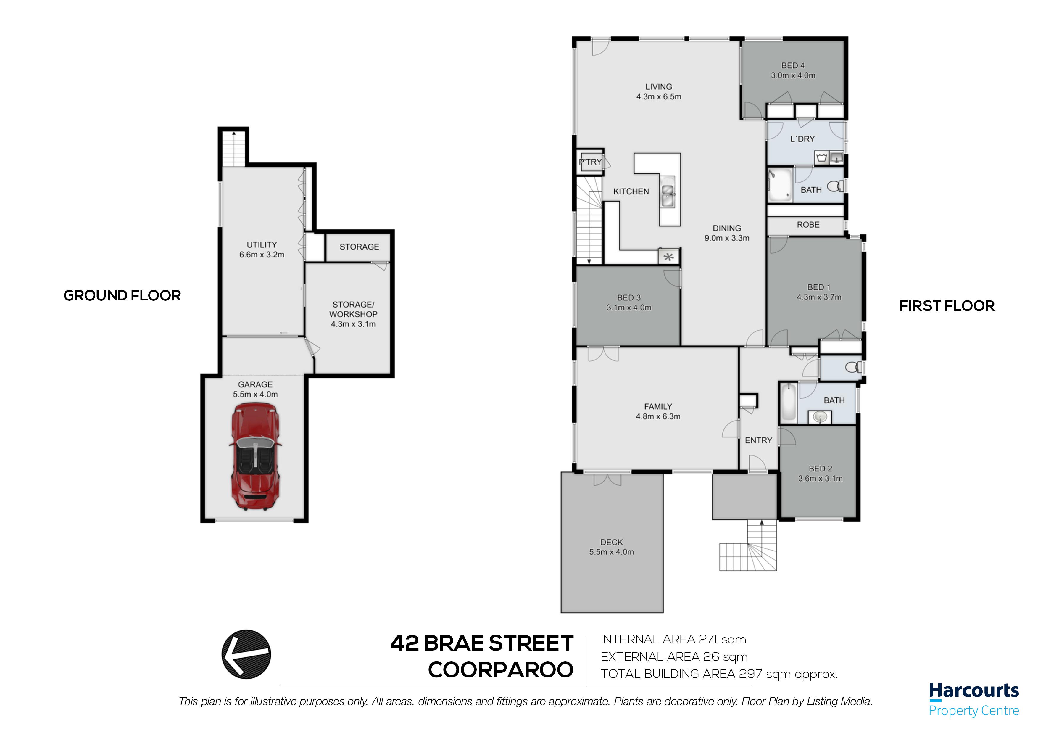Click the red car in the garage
tap(255, 457)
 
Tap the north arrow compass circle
tap(246, 654)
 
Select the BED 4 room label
tap(793, 66)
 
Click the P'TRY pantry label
tap(590, 162)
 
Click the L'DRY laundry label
tap(802, 139)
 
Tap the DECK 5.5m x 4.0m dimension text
tap(612, 552)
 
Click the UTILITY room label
tap(262, 245)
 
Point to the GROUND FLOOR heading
tap(122, 295)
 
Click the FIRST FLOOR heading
tap(947, 306)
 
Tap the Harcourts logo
tap(974, 699)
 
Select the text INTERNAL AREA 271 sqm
tap(673, 640)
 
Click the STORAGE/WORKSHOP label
tap(353, 309)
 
